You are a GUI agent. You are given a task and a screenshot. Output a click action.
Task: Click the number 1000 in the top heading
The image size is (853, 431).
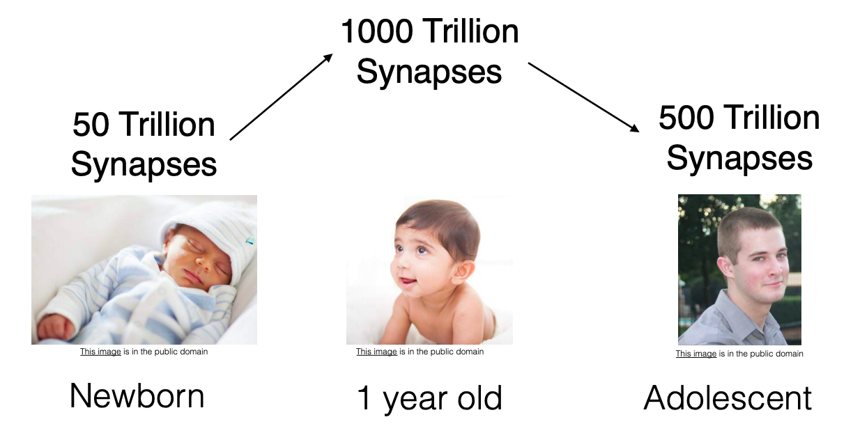pos(377,32)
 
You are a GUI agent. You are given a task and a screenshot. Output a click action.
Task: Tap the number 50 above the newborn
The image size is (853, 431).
pos(91,125)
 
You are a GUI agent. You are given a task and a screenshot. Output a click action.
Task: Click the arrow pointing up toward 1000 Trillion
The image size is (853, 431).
pos(281,97)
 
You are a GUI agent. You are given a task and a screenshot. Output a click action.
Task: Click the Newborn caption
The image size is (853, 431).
pos(137,396)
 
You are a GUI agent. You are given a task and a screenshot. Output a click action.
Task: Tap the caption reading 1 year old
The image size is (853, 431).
pos(429,398)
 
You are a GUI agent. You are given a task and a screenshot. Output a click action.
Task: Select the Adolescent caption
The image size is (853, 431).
pos(728,398)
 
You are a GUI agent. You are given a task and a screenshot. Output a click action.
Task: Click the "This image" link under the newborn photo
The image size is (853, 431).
pos(100,352)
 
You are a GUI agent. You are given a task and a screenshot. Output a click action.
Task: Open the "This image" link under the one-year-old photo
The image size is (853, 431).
pos(376,352)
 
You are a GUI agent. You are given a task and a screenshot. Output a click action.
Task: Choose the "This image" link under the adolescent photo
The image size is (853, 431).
pos(696,354)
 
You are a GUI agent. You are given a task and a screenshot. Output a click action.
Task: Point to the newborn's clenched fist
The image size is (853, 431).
pos(56,325)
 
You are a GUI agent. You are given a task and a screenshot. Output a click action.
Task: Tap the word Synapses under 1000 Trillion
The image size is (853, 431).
pos(429,72)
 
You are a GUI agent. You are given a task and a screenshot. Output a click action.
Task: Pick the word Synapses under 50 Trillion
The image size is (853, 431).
pos(144,165)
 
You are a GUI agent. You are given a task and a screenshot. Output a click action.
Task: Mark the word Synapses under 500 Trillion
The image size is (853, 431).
pos(739,158)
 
